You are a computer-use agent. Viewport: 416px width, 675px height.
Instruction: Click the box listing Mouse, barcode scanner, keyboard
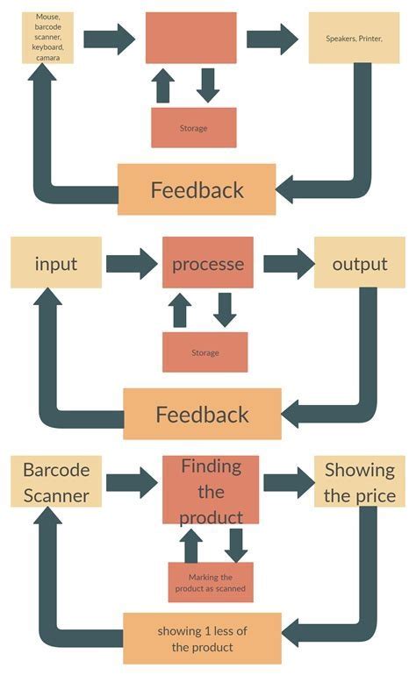coord(47,37)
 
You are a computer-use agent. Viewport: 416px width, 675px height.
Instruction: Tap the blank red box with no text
coord(190,38)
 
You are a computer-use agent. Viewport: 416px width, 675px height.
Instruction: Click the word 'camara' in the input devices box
coord(48,57)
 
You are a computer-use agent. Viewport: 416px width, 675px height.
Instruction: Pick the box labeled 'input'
coord(55,263)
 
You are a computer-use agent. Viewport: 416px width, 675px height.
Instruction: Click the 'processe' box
coord(207,263)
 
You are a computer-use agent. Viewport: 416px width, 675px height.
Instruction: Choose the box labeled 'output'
coord(359,263)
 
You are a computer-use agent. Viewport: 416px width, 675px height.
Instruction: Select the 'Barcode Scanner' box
coord(55,481)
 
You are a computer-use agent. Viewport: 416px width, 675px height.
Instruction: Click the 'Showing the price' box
coord(360,481)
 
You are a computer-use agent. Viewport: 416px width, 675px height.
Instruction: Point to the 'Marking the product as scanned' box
coord(210,582)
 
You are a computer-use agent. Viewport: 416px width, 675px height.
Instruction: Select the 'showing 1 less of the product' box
coord(202,638)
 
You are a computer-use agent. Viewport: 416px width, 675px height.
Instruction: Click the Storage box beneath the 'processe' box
coord(204,352)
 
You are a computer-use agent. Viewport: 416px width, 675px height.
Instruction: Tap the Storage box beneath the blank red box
coord(194,128)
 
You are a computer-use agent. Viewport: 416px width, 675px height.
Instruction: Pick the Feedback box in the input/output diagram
coord(202,414)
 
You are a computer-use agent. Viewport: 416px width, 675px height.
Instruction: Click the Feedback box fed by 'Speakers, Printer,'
coord(197,188)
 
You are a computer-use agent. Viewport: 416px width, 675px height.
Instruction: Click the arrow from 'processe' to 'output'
coord(288,263)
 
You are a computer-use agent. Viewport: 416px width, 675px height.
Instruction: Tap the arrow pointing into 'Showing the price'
coord(288,481)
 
